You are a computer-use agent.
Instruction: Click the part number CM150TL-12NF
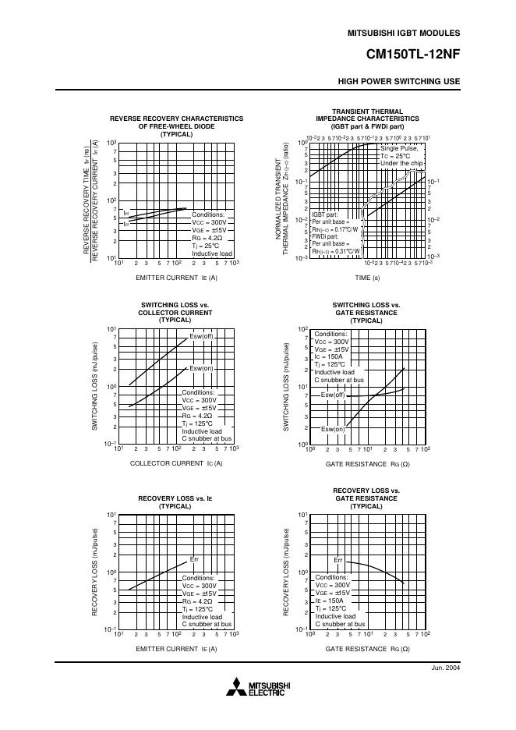(413, 55)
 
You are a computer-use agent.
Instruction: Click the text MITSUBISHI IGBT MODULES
(403, 34)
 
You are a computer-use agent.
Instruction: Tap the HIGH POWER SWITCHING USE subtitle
(399, 81)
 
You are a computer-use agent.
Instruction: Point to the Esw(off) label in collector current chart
(201, 336)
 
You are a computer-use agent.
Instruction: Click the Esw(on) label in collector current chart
(201, 368)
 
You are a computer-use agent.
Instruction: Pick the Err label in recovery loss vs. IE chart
(195, 560)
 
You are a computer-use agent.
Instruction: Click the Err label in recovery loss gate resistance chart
(338, 560)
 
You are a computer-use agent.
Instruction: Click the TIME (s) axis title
(367, 278)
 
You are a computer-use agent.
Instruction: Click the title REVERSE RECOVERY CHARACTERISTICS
(176, 119)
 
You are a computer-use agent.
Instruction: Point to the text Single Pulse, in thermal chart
(399, 148)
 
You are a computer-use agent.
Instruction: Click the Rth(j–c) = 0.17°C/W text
(335, 229)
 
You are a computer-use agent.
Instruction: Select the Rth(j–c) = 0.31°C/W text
(335, 251)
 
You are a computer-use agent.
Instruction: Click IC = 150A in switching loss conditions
(329, 356)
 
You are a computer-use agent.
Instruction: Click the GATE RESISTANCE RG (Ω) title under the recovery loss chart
(367, 649)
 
